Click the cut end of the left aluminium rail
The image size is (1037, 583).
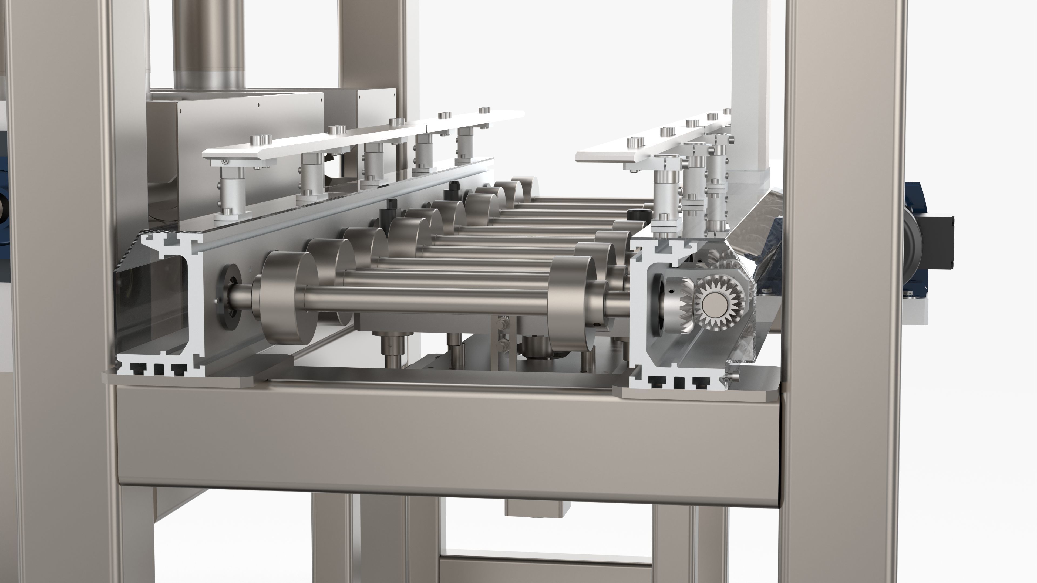coord(161,306)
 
